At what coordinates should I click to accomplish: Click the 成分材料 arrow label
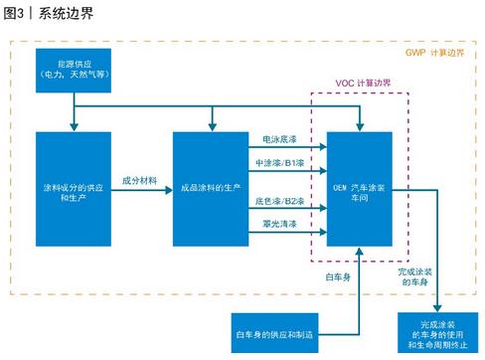[141, 179]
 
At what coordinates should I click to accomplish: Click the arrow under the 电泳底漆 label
[288, 151]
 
